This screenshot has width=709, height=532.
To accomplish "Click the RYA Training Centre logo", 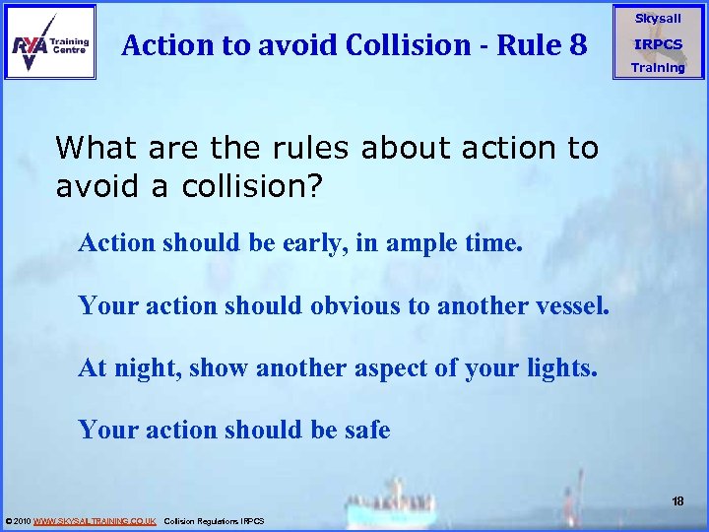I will coord(50,41).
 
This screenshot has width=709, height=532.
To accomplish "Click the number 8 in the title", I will coord(577,44).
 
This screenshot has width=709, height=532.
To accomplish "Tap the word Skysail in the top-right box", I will coord(658,19).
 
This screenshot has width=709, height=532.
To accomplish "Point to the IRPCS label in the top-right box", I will coord(658,44).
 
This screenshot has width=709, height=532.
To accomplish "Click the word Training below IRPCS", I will coord(658,68).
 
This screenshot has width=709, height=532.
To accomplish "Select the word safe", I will coord(366,431).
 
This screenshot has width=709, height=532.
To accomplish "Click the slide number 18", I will coord(677,502).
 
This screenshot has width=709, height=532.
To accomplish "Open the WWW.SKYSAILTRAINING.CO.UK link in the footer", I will coord(95,520).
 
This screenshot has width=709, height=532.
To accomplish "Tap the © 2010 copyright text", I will coord(18,520).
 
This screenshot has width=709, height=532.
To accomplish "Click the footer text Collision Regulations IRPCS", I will coord(213,520).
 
